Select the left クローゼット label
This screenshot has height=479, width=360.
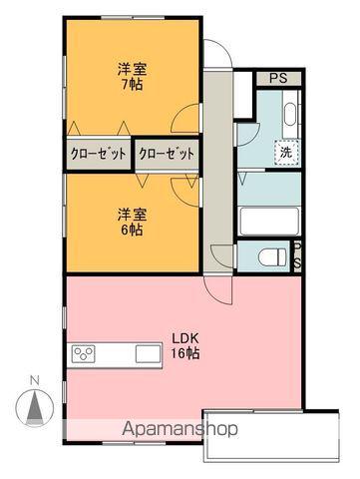coord(98,154)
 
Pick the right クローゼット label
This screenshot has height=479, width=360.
coord(167,154)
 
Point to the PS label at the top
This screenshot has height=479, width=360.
coord(274,79)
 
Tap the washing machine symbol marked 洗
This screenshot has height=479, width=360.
coord(285,153)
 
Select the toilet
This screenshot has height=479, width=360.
coord(268,255)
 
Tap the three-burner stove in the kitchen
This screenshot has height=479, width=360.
coord(84,354)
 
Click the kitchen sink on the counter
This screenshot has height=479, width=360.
coord(148,354)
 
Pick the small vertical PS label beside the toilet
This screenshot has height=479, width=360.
coord(297,254)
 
